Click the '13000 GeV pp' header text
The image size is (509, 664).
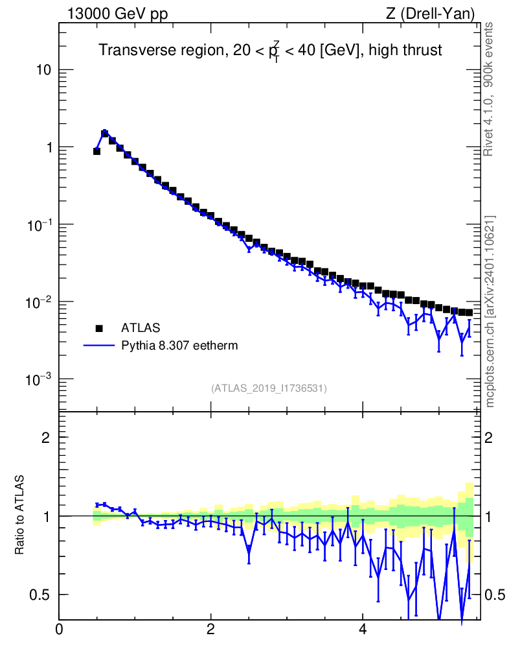pyautogui.click(x=117, y=14)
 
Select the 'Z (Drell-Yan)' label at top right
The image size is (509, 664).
pyautogui.click(x=430, y=14)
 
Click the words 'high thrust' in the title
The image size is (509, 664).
pyautogui.click(x=405, y=50)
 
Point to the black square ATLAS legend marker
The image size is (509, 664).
pyautogui.click(x=99, y=328)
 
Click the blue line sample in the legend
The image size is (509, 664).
pyautogui.click(x=99, y=346)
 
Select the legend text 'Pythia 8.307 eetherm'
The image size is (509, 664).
pyautogui.click(x=179, y=346)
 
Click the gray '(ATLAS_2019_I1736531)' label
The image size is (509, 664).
pyautogui.click(x=269, y=388)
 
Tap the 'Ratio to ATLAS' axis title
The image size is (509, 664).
pyautogui.click(x=19, y=515)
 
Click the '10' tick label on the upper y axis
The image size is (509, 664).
pyautogui.click(x=43, y=70)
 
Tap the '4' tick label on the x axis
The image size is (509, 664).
pyautogui.click(x=362, y=629)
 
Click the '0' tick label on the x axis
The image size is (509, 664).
pyautogui.click(x=59, y=629)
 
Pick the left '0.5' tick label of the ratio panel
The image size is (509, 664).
pyautogui.click(x=40, y=595)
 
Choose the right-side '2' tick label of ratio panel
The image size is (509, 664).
pyautogui.click(x=489, y=438)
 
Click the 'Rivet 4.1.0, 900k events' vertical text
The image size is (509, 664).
pyautogui.click(x=488, y=89)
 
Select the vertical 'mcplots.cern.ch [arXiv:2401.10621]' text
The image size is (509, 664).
pyautogui.click(x=490, y=312)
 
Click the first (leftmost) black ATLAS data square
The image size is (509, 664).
pyautogui.click(x=96, y=151)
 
